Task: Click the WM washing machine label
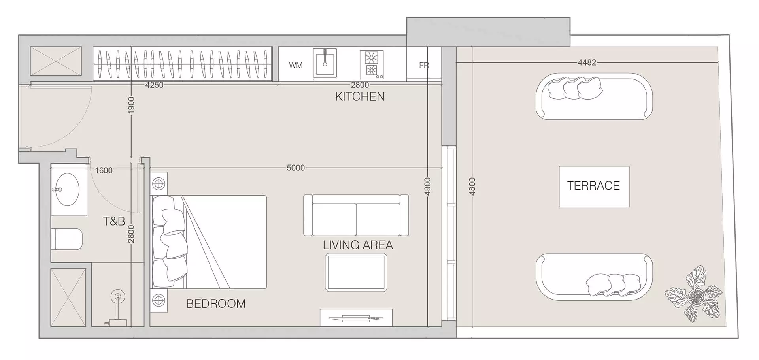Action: pyautogui.click(x=296, y=65)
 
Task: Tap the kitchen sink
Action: pyautogui.click(x=325, y=63)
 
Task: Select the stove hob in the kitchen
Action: pyautogui.click(x=372, y=64)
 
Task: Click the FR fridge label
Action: pyautogui.click(x=424, y=65)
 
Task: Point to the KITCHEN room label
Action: pyautogui.click(x=360, y=97)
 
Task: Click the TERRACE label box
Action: pyautogui.click(x=594, y=186)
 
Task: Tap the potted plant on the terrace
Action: pyautogui.click(x=694, y=294)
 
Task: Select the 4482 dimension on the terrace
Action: pyautogui.click(x=587, y=62)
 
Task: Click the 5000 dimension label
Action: pyautogui.click(x=296, y=168)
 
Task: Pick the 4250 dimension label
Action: pyautogui.click(x=154, y=85)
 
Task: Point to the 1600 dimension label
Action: pyautogui.click(x=104, y=170)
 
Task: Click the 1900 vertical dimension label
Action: pyautogui.click(x=132, y=106)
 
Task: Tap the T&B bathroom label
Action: pyautogui.click(x=114, y=221)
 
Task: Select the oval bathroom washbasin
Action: pyautogui.click(x=67, y=190)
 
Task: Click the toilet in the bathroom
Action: pyautogui.click(x=67, y=239)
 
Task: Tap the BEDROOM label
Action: pyautogui.click(x=216, y=304)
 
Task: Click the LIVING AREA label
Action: pyautogui.click(x=358, y=245)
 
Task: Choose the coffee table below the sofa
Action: pyautogui.click(x=356, y=273)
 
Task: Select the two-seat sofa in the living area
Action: pyautogui.click(x=356, y=215)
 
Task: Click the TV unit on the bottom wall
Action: pyautogui.click(x=356, y=318)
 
